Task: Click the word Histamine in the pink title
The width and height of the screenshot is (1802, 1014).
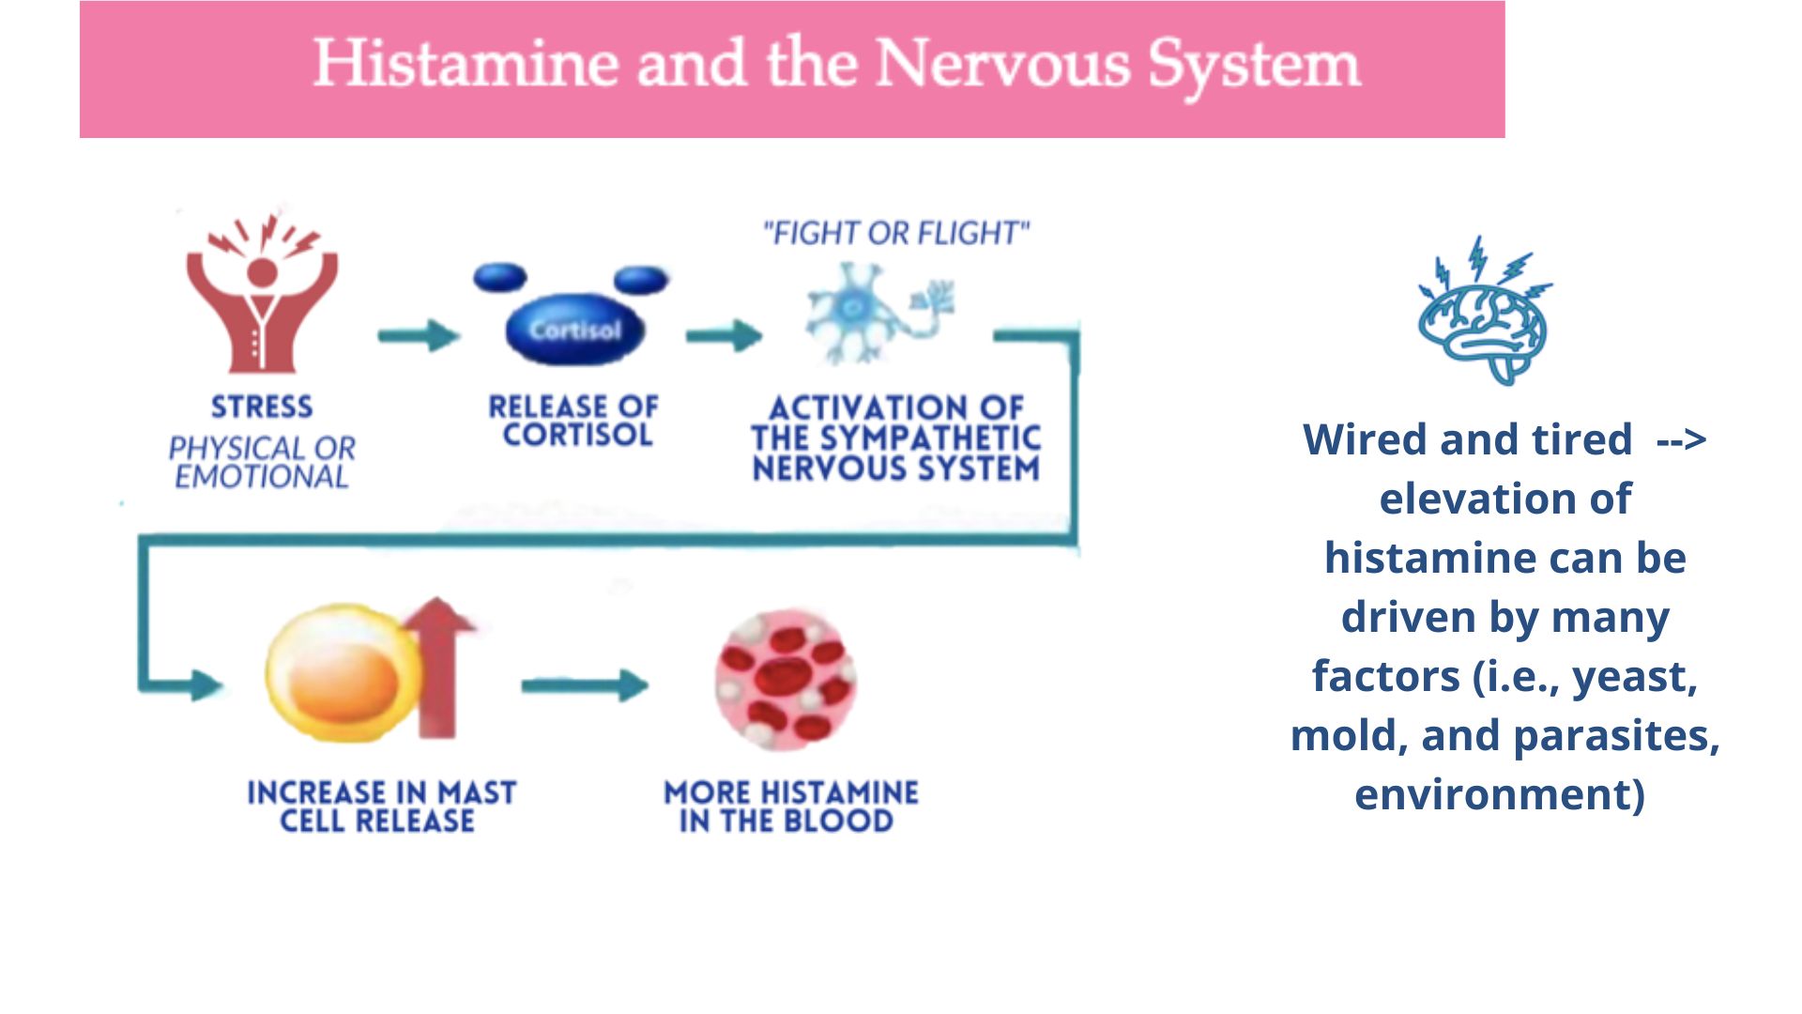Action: click(x=466, y=64)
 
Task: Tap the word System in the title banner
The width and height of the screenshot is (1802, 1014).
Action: click(x=1255, y=66)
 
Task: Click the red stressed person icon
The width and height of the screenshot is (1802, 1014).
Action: click(x=262, y=296)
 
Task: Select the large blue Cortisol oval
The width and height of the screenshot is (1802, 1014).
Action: click(x=574, y=330)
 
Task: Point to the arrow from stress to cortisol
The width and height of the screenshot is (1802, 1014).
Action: click(x=419, y=334)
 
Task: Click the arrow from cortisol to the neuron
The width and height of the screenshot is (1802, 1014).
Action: click(x=724, y=335)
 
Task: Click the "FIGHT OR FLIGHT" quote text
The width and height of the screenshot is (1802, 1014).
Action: click(x=896, y=233)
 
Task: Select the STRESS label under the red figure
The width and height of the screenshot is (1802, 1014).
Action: click(x=262, y=407)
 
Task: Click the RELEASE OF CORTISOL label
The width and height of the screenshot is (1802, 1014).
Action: click(x=574, y=421)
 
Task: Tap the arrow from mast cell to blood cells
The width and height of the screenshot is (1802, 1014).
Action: click(x=584, y=685)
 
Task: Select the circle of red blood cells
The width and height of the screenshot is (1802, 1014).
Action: click(x=786, y=680)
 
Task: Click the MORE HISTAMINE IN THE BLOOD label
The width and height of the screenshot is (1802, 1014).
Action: click(x=790, y=807)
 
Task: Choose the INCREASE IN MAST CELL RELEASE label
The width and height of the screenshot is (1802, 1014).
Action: click(x=381, y=807)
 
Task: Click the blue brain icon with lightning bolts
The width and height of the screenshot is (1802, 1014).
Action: click(x=1483, y=312)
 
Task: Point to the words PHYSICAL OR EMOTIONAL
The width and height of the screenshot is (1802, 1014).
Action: click(x=262, y=462)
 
